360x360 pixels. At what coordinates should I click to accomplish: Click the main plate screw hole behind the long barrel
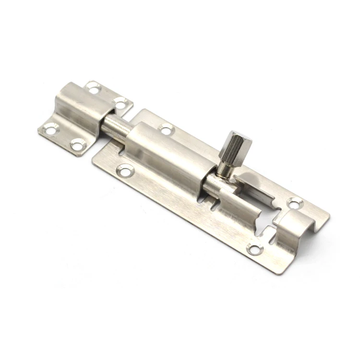pos(166,129)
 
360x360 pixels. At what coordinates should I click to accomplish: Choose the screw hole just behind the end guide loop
pos(295,203)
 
